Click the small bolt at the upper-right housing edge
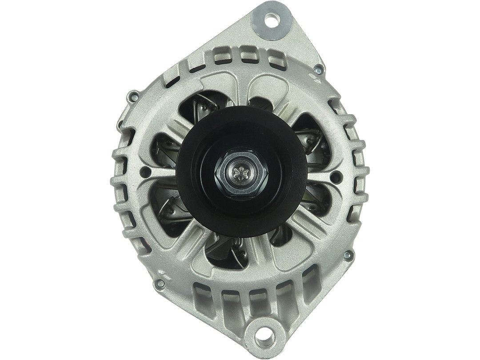318,70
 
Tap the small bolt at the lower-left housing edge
159,281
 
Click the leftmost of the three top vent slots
219,57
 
